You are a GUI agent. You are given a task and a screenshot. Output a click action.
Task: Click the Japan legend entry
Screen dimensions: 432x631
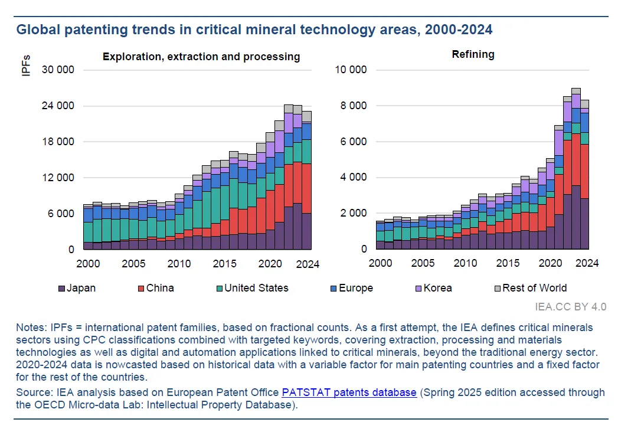pyautogui.click(x=77, y=288)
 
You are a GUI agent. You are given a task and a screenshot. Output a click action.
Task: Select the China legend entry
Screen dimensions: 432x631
pyautogui.click(x=156, y=288)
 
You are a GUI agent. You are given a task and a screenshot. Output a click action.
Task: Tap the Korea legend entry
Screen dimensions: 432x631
pyautogui.click(x=433, y=288)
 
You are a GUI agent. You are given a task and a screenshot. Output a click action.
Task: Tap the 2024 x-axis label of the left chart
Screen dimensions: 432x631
pyautogui.click(x=307, y=264)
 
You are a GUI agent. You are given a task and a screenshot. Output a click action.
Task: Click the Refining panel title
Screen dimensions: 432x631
pyautogui.click(x=473, y=54)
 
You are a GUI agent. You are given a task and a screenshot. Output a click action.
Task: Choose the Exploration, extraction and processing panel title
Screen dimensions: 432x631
pyautogui.click(x=201, y=57)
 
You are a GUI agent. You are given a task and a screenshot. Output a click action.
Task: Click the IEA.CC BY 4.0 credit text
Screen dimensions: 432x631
pyautogui.click(x=571, y=306)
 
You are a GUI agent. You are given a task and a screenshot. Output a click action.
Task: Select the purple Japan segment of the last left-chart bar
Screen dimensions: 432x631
pyautogui.click(x=306, y=231)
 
